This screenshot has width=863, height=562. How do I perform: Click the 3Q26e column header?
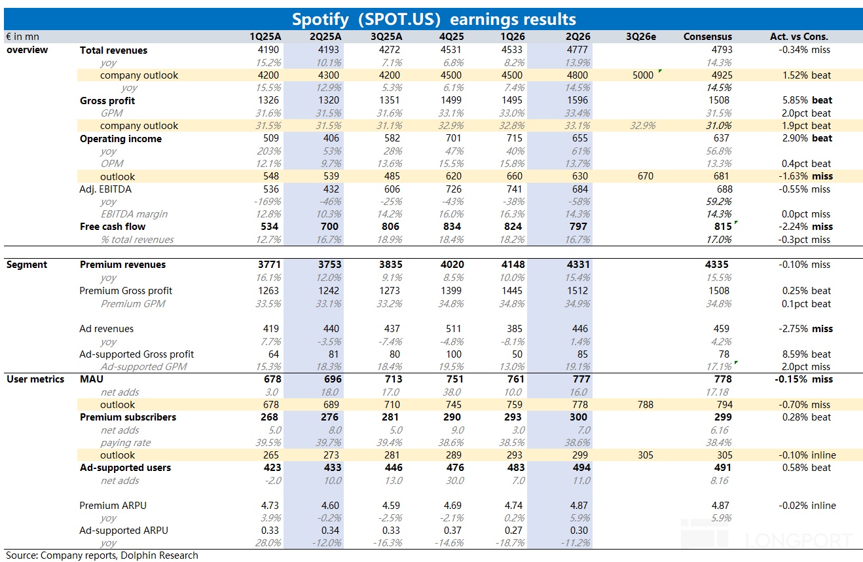pyautogui.click(x=640, y=37)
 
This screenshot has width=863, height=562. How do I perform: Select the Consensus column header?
pyautogui.click(x=707, y=37)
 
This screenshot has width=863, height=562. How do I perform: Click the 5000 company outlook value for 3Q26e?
pyautogui.click(x=643, y=75)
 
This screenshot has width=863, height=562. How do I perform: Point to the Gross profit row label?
pyautogui.click(x=107, y=101)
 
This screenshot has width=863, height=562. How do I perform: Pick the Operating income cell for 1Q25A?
pyautogui.click(x=271, y=138)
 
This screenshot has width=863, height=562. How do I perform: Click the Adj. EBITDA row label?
pyautogui.click(x=105, y=189)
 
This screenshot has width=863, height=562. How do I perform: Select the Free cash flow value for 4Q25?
pyautogui.click(x=452, y=227)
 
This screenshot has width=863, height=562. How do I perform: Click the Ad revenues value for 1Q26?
pyautogui.click(x=515, y=329)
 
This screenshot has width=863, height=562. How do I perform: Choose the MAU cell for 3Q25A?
pyautogui.click(x=394, y=379)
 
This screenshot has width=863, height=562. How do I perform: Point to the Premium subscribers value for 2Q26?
pyautogui.click(x=578, y=417)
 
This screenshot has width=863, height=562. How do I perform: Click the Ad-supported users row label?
pyautogui.click(x=125, y=468)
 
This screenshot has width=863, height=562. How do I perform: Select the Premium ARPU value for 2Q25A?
pyautogui.click(x=330, y=505)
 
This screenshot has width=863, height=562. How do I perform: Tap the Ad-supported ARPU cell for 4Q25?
pyautogui.click(x=452, y=531)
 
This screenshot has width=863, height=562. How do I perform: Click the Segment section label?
pyautogui.click(x=27, y=265)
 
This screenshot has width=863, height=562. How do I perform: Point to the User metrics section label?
pyautogui.click(x=35, y=379)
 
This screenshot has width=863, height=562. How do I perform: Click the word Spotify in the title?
pyautogui.click(x=320, y=19)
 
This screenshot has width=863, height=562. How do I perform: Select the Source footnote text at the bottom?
pyautogui.click(x=101, y=555)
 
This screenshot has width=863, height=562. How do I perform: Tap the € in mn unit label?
pyautogui.click(x=22, y=37)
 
